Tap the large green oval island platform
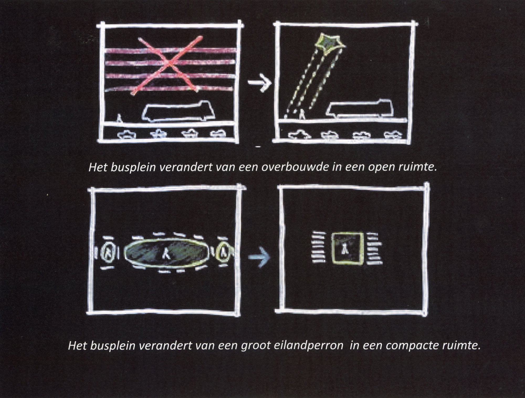click(x=167, y=254)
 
